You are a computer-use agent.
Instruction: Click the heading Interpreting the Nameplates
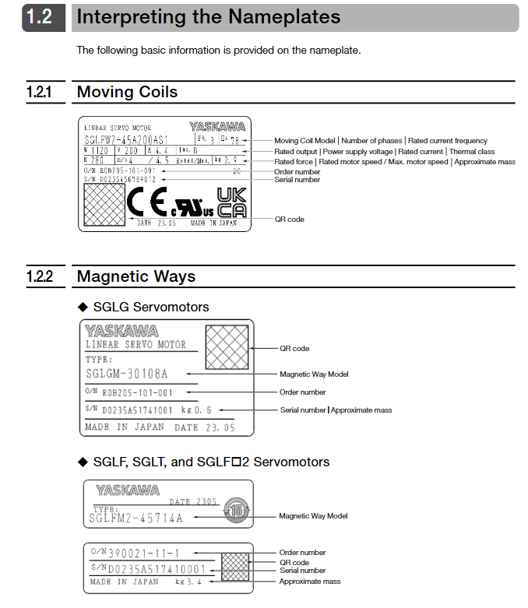[209, 17]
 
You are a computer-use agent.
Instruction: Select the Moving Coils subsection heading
[127, 92]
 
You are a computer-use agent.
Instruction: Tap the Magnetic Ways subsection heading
[136, 276]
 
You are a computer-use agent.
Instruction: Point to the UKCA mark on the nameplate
[231, 201]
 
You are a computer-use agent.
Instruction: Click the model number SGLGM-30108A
[126, 374]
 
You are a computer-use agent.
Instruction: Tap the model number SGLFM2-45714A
[136, 518]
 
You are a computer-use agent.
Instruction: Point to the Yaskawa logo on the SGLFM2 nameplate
[128, 490]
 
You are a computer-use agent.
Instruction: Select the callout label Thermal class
[472, 152]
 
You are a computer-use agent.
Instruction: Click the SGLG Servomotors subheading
[151, 307]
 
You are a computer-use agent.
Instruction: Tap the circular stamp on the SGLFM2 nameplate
[235, 510]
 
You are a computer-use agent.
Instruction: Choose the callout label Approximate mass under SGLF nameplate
[310, 582]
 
